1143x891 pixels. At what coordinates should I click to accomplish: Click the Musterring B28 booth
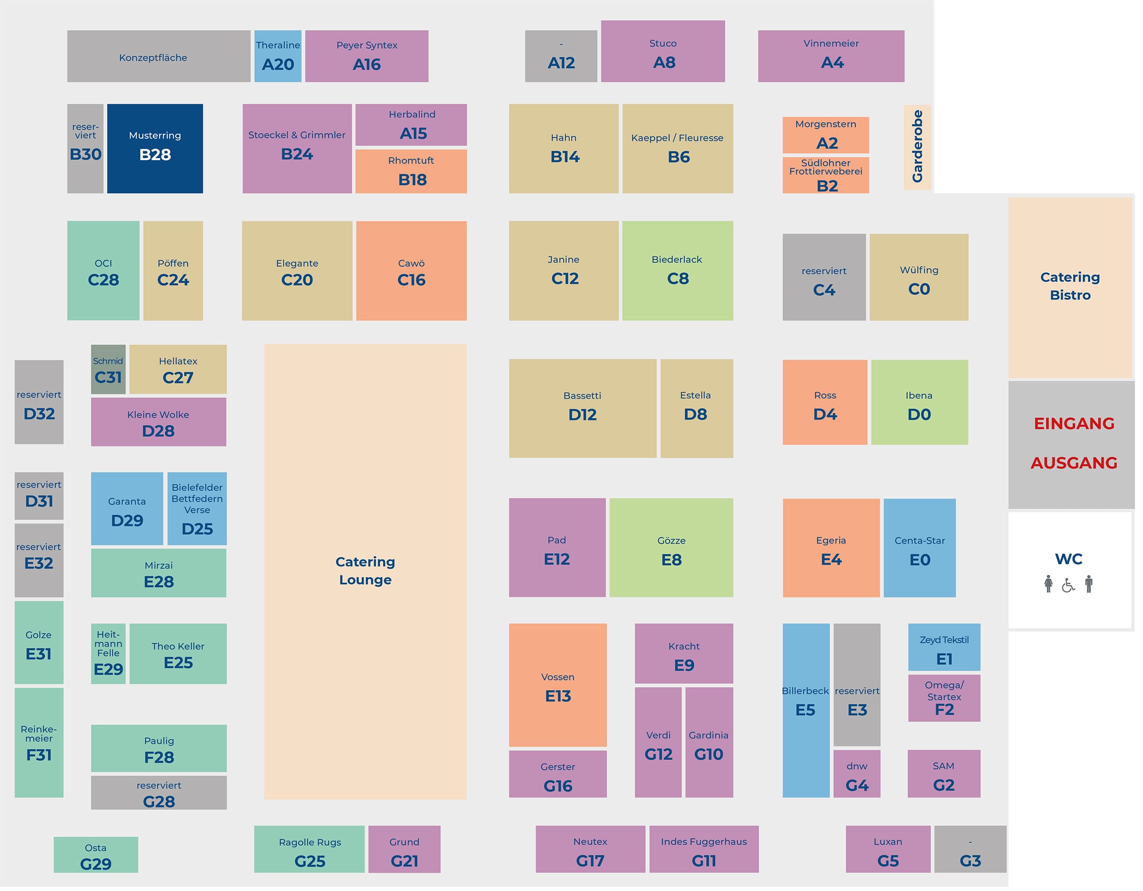pyautogui.click(x=155, y=148)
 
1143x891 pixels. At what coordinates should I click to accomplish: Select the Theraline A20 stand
pyautogui.click(x=278, y=56)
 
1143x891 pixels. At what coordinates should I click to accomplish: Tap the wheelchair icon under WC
pyautogui.click(x=1068, y=585)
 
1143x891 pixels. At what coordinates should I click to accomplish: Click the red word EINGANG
pyautogui.click(x=1074, y=424)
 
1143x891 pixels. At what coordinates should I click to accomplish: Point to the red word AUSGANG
pyautogui.click(x=1074, y=463)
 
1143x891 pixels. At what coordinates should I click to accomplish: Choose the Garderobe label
pyautogui.click(x=917, y=147)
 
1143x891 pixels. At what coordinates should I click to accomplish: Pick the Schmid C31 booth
pyautogui.click(x=108, y=369)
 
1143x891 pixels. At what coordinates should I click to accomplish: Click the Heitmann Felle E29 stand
pyautogui.click(x=108, y=653)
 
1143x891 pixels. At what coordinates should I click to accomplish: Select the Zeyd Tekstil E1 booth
pyautogui.click(x=944, y=647)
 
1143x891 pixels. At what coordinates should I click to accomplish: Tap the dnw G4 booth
pyautogui.click(x=857, y=774)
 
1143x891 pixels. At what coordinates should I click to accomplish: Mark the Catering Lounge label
pyautogui.click(x=365, y=571)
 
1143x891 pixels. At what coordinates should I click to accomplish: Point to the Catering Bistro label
pyautogui.click(x=1070, y=286)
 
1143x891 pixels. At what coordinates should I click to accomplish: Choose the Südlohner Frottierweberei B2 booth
pyautogui.click(x=826, y=175)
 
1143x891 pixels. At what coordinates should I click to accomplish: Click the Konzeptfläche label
pyautogui.click(x=153, y=58)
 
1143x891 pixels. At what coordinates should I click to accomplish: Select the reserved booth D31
pyautogui.click(x=39, y=496)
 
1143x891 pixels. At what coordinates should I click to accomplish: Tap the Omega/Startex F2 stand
pyautogui.click(x=944, y=699)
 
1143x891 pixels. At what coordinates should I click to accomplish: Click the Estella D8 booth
pyautogui.click(x=696, y=408)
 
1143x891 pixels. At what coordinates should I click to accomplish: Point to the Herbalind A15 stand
pyautogui.click(x=411, y=124)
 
